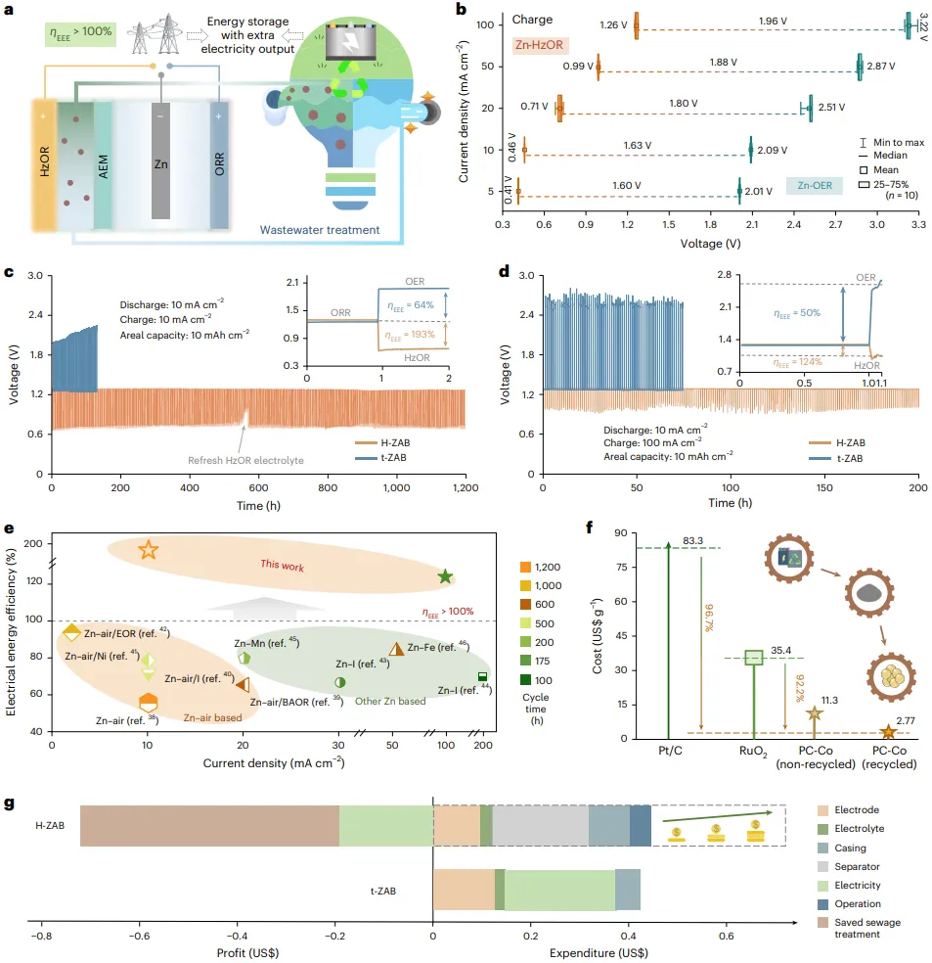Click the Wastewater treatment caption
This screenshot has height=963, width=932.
pos(319,231)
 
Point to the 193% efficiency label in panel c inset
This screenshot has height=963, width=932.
pos(405,337)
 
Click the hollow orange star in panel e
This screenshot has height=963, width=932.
pos(148,550)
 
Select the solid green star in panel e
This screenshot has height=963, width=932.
pos(445,577)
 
